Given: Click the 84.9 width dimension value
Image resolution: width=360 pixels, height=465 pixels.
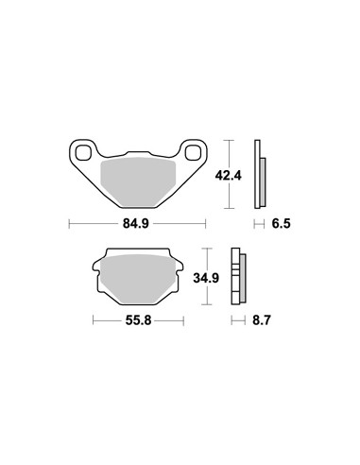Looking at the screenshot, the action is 136,224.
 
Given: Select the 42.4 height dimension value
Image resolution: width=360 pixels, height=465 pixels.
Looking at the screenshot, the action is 228,176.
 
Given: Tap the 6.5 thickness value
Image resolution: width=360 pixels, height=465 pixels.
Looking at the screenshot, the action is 281,224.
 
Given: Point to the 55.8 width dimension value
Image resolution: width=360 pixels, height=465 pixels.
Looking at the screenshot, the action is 138,320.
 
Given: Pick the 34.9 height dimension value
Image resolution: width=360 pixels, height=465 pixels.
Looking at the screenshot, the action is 206,278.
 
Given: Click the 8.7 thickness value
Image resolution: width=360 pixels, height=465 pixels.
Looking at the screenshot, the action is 262,320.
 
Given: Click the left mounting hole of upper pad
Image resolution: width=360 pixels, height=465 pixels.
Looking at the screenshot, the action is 83,152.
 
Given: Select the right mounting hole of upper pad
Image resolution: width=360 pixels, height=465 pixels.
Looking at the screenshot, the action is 193,153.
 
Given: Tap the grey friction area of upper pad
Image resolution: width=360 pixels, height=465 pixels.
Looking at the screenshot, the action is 137,181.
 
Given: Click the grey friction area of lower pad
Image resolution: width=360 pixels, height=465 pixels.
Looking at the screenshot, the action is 138,279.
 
